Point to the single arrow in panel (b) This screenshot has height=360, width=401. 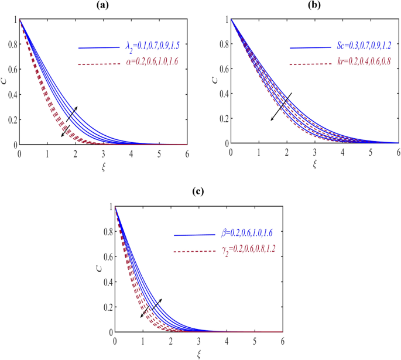[281, 107]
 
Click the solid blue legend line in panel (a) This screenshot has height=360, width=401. [99, 47]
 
